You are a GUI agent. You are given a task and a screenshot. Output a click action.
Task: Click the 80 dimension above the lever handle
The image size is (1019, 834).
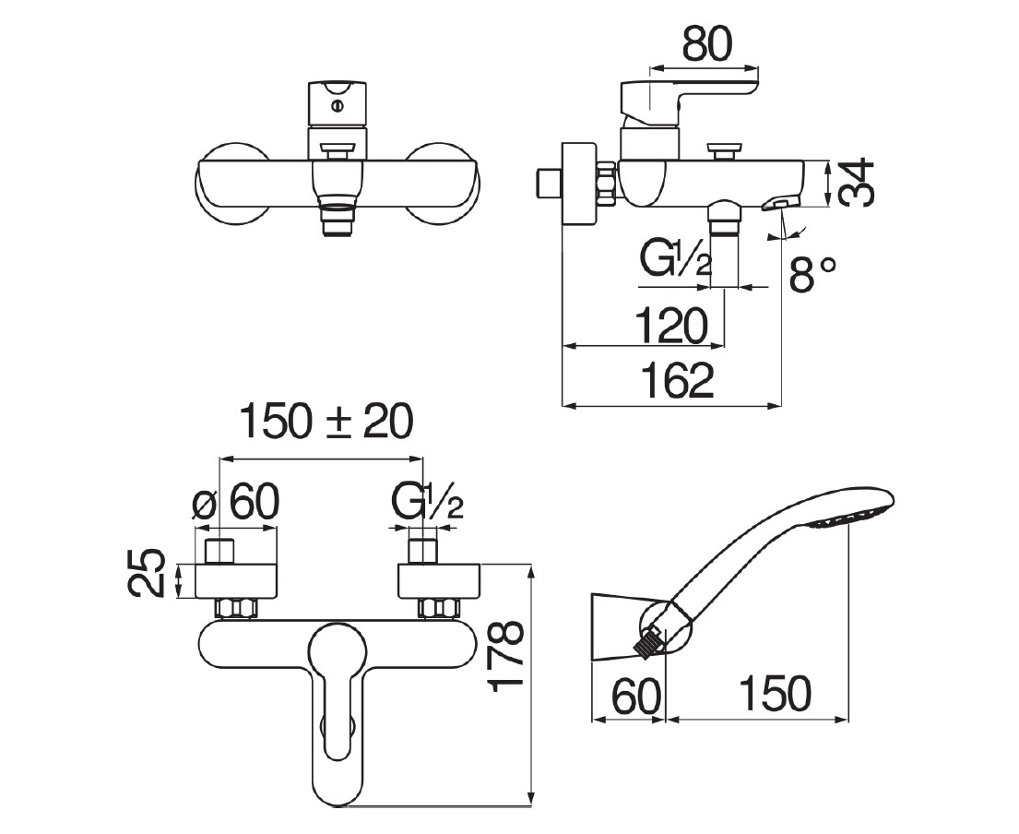coord(705,42)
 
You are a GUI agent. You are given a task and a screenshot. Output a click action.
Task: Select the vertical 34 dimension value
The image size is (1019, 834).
coord(857,184)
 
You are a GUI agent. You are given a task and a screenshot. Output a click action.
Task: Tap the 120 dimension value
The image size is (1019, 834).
coord(670,325)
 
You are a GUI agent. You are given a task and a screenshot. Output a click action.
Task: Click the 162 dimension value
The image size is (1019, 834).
coord(676,381)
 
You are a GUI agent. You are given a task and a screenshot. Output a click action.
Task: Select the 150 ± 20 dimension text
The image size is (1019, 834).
coord(326,423)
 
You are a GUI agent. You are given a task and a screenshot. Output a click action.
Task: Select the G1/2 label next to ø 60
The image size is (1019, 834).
coord(426,504)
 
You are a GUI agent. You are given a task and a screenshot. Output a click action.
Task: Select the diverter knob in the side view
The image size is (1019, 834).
coord(724,149)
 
